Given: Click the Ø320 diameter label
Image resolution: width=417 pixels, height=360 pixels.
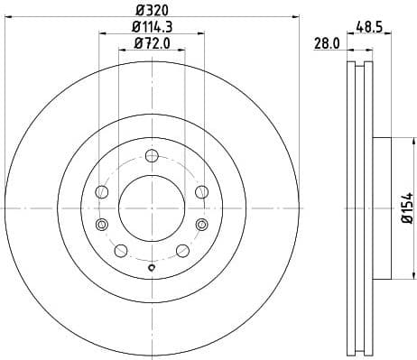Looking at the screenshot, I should (151, 11).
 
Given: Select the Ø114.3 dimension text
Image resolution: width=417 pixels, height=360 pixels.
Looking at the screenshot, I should (151, 26).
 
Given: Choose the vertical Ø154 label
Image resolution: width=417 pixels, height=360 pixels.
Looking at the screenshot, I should (407, 208).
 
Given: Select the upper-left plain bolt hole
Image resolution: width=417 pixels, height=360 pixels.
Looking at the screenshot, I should (102, 192).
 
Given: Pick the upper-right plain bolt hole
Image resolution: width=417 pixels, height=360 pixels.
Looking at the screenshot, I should (201, 191).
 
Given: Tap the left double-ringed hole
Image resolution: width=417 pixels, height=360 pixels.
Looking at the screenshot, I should (102, 225).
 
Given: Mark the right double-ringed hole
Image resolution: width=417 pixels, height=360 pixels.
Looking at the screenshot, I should (200, 225).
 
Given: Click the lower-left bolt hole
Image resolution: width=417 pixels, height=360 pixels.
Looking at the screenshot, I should (121, 250).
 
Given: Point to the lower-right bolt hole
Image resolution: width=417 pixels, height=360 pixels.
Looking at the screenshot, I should (181, 250).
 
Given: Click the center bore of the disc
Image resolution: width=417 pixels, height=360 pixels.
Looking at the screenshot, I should (151, 207).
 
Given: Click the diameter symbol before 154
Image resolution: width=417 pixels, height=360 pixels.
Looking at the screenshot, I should (407, 222).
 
